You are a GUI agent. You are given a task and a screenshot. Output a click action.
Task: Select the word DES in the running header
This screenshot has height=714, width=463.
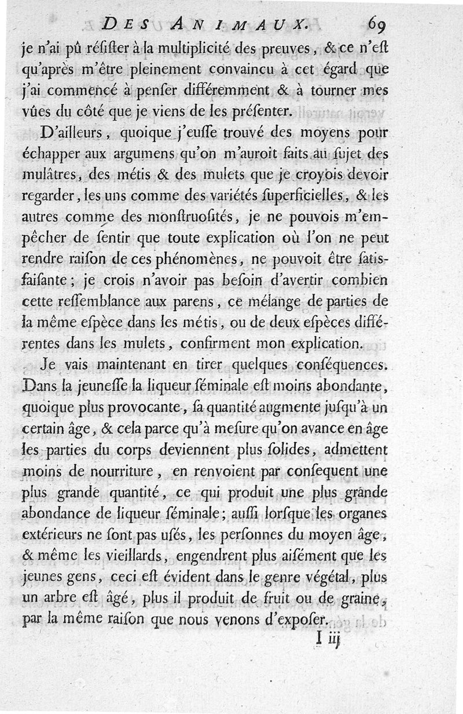[124, 25]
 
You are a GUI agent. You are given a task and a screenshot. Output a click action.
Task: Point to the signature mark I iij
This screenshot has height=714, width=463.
[328, 638]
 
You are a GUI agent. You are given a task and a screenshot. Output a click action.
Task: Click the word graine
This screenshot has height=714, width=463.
[358, 598]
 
